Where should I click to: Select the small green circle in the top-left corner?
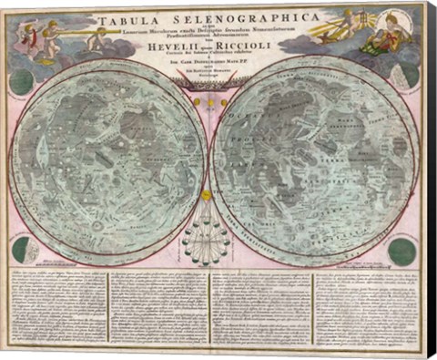[21, 82]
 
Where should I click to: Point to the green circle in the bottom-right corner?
[401, 251]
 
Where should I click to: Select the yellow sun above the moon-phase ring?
[207, 194]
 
